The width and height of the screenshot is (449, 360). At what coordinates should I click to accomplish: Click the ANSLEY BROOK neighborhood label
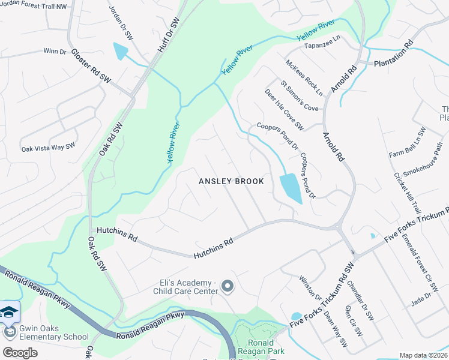click(231, 181)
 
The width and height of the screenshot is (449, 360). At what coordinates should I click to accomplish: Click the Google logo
click(20, 352)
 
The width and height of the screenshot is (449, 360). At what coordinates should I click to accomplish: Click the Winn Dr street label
click(55, 51)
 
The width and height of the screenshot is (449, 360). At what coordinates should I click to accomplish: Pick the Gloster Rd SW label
click(92, 67)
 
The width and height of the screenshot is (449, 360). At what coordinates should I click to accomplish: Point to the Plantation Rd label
click(394, 54)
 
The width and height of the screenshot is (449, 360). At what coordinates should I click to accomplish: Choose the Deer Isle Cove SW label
click(285, 109)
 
